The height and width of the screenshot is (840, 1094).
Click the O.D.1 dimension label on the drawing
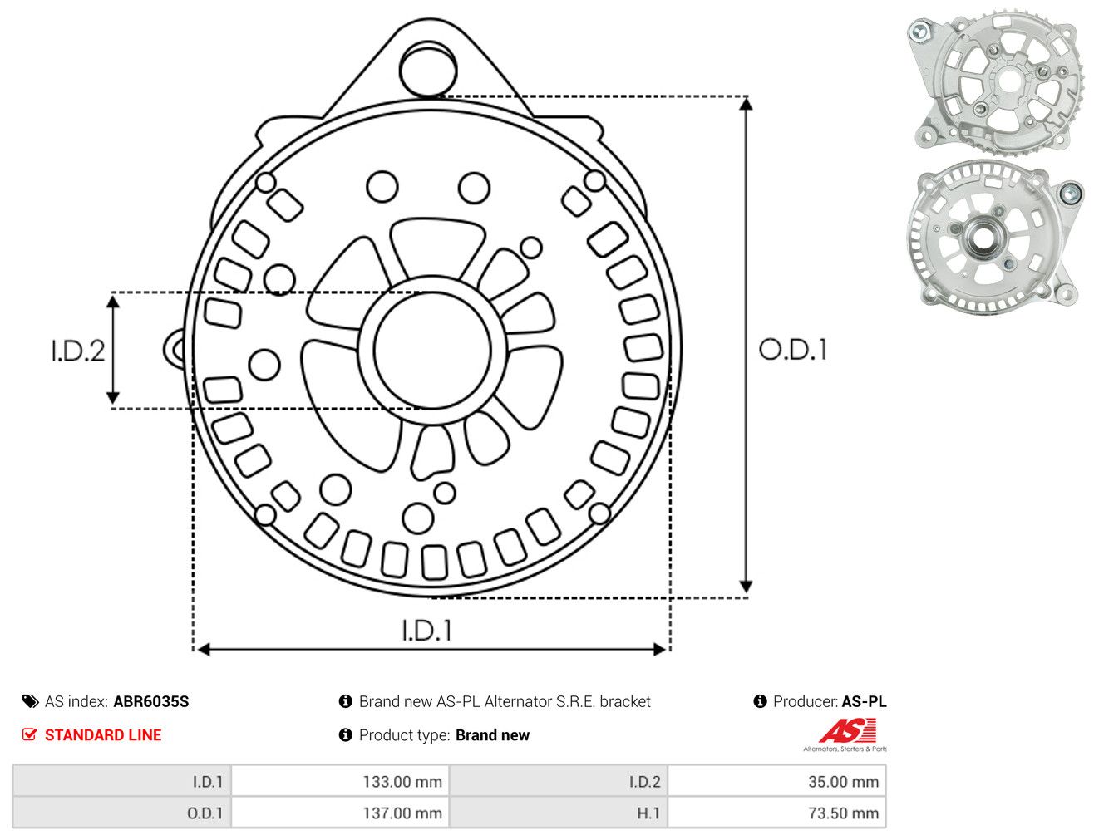793,350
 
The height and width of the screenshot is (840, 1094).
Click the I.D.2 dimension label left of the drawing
78,351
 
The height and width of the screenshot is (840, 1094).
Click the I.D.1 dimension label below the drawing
427,631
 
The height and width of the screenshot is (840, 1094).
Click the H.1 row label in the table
648,813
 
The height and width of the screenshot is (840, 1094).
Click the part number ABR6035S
151,701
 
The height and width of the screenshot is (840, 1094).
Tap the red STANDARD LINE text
103,734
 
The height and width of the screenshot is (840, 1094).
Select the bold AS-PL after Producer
864,701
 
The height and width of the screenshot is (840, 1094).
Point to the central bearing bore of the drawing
432,351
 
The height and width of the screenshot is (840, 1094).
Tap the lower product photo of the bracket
994,237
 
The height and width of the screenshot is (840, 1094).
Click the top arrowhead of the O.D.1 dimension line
747,104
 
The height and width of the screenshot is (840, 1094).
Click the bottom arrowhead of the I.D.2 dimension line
113,397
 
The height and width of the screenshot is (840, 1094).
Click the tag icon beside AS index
30,701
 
